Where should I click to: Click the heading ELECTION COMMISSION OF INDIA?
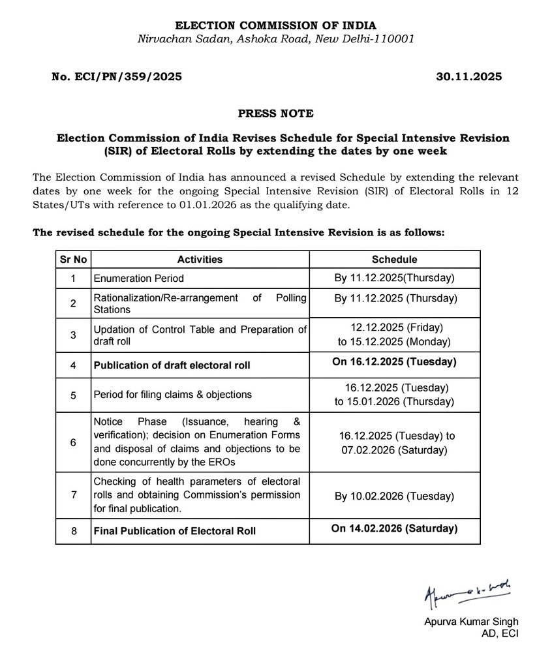click(x=275, y=25)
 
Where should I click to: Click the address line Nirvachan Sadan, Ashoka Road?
click(x=275, y=39)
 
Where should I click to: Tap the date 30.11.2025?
click(x=468, y=77)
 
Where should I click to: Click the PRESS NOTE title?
click(x=275, y=114)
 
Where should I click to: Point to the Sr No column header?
click(x=73, y=259)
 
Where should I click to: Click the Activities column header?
click(x=200, y=259)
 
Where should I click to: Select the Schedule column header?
click(x=394, y=259)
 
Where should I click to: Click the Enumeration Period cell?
click(x=138, y=279)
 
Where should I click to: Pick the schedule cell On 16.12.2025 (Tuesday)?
click(x=394, y=361)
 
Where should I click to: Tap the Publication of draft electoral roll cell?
click(x=172, y=365)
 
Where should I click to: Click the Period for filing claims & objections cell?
click(x=172, y=395)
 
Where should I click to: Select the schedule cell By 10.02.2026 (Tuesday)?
click(x=394, y=496)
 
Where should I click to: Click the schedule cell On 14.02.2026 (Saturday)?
click(x=394, y=528)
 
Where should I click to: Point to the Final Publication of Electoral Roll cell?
click(x=174, y=531)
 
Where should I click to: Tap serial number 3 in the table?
click(x=73, y=335)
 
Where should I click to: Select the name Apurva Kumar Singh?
click(x=471, y=622)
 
